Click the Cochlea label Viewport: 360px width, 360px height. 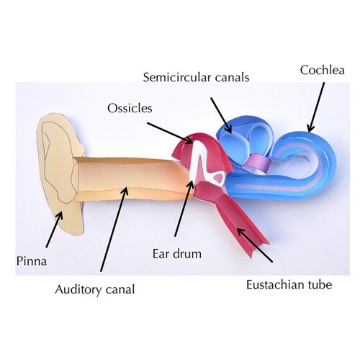click(323, 70)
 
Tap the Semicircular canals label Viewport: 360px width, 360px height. click(196, 77)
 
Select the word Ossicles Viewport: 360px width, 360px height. click(130, 108)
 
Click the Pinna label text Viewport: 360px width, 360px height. click(32, 261)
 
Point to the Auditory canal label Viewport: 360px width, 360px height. click(95, 289)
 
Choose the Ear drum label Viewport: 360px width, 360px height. click(177, 254)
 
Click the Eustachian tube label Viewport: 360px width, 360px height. click(289, 285)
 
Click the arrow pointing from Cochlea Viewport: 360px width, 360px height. click(316, 107)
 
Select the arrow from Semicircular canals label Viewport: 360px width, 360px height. click(221, 115)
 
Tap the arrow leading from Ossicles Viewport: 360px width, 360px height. click(170, 133)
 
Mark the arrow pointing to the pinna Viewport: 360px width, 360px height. click(54, 229)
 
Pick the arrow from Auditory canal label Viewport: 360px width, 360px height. click(114, 229)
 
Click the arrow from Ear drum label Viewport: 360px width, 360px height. click(184, 208)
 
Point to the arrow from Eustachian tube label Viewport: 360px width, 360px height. click(255, 245)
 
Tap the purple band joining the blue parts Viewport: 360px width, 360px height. click(257, 163)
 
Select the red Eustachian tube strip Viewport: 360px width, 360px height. click(243, 225)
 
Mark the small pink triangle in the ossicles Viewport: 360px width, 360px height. click(219, 178)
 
